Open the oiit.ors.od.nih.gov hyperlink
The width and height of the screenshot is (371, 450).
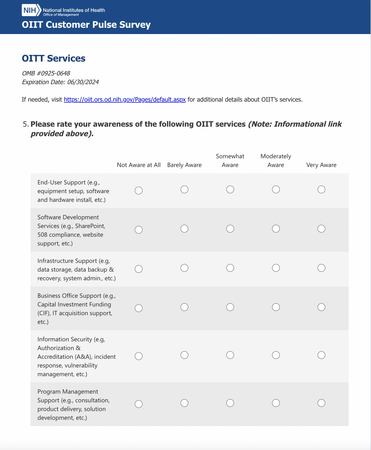[125, 100]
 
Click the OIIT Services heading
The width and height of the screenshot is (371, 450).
[54, 59]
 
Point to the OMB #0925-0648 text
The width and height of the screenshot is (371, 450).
[46, 74]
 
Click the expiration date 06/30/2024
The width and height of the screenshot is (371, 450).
[83, 82]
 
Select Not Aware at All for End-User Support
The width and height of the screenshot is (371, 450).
[139, 190]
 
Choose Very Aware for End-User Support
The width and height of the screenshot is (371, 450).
[321, 190]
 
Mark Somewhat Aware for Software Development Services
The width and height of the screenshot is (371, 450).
[230, 229]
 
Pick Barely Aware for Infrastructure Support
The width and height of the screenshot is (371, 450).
[184, 268]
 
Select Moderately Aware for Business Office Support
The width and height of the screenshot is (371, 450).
[276, 307]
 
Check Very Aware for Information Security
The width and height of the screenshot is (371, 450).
[321, 355]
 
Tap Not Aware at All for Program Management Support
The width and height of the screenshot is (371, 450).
[139, 404]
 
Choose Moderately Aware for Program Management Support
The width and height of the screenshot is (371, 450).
[276, 403]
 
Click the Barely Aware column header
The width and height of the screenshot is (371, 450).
[184, 165]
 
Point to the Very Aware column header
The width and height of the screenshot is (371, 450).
[321, 165]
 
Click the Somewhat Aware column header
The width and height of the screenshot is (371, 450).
[230, 161]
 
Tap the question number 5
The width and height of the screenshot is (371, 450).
[26, 124]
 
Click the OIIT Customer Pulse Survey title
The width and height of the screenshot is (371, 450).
[86, 25]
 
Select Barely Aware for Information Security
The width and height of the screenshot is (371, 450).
[184, 355]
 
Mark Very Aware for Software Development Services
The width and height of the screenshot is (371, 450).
[321, 229]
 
